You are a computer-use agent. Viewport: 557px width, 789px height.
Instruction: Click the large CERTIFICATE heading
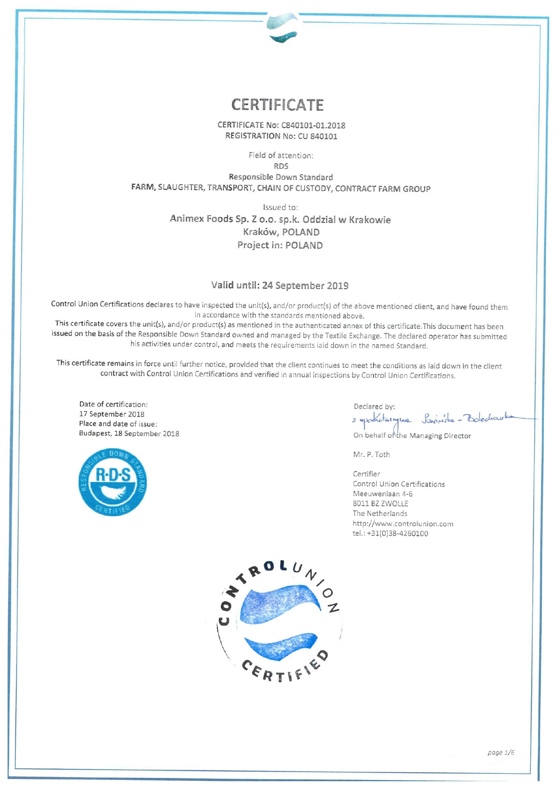[277, 105]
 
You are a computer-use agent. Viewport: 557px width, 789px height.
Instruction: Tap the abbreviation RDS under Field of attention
[281, 166]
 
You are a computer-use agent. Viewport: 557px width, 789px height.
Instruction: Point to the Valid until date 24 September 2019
[305, 286]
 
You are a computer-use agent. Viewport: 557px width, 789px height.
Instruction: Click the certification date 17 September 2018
[112, 414]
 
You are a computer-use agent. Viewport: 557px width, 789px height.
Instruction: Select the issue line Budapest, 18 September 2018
[129, 434]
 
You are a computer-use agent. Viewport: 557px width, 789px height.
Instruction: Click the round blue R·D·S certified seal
[112, 482]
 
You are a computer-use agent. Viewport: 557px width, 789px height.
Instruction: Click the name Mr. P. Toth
[371, 454]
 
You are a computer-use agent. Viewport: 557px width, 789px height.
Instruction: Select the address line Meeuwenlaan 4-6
[383, 494]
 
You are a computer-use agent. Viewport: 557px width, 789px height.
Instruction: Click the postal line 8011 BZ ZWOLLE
[380, 504]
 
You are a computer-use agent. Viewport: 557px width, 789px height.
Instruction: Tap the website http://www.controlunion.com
[403, 524]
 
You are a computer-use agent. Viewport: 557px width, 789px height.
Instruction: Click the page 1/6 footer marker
[501, 752]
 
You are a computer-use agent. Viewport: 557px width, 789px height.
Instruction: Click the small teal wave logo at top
[282, 28]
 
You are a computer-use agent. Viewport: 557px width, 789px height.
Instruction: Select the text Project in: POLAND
[280, 245]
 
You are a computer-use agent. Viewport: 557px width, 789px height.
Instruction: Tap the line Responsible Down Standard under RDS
[281, 177]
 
